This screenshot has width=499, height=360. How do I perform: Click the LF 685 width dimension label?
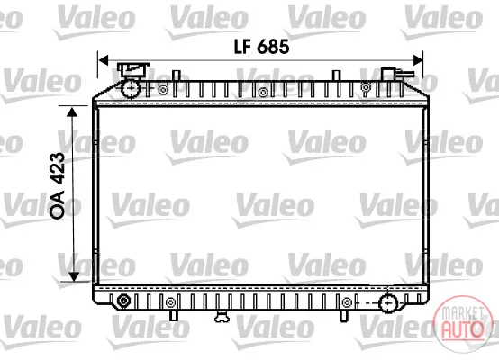click(x=261, y=47)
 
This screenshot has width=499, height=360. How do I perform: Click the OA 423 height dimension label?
click(x=58, y=185)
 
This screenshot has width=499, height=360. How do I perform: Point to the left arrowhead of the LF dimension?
click(x=103, y=59)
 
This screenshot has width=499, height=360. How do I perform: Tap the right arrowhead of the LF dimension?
click(x=418, y=59)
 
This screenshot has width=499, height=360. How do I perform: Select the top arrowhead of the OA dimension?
click(x=73, y=112)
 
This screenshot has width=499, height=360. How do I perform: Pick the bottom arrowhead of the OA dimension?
click(x=74, y=276)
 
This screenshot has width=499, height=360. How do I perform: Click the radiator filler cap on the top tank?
click(x=133, y=69)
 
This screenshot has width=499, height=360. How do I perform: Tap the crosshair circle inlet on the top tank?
click(x=131, y=88)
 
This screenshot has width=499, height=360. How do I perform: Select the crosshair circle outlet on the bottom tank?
click(x=388, y=303)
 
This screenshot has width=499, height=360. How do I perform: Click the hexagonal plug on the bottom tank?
click(x=123, y=301)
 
